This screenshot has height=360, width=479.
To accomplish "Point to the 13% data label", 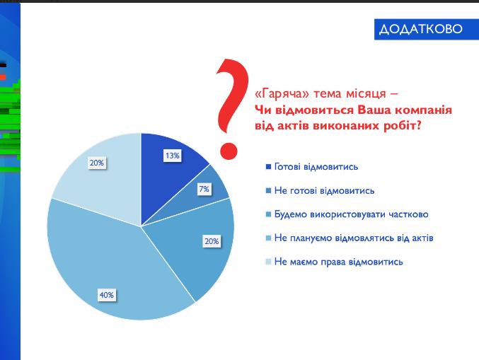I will (x=172, y=156).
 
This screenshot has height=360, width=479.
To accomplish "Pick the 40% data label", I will (x=107, y=295).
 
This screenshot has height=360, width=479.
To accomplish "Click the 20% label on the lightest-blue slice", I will (x=96, y=163).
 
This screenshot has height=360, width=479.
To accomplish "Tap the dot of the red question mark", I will (x=228, y=150).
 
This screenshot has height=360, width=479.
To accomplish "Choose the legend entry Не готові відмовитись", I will (x=323, y=190).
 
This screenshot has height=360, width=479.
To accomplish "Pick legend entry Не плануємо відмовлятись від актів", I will (x=354, y=238).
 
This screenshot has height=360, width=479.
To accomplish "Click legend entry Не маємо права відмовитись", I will (x=338, y=262).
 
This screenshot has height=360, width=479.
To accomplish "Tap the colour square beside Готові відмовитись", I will (x=267, y=167).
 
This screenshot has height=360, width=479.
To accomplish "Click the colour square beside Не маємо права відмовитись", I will (x=267, y=262).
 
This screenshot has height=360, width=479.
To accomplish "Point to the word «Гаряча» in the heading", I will (x=275, y=95).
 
